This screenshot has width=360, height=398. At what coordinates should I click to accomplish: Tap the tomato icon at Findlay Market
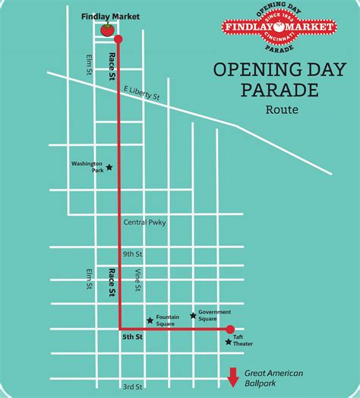(107, 30)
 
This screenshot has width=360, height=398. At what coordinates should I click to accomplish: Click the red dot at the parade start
(117, 38)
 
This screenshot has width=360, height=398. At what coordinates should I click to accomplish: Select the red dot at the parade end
(230, 330)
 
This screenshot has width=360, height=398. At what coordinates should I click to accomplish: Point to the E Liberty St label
(143, 92)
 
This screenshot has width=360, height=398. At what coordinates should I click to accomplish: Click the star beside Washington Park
(109, 168)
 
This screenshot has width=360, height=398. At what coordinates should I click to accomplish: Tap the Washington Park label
(87, 166)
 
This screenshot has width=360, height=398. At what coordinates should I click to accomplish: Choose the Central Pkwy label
(144, 223)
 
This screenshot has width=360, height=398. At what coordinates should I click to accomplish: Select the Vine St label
(138, 281)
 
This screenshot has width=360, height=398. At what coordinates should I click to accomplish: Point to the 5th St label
(132, 336)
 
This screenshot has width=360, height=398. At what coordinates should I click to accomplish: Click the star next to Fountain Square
(150, 321)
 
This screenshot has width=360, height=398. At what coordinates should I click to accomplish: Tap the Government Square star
(193, 314)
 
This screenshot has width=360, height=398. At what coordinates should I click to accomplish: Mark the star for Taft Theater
(228, 343)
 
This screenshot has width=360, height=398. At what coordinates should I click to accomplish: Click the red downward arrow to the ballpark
(233, 376)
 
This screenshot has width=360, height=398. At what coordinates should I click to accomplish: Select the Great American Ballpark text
(273, 377)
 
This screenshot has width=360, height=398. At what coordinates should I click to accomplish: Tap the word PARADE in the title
(270, 91)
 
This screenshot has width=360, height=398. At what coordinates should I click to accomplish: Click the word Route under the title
(282, 110)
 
